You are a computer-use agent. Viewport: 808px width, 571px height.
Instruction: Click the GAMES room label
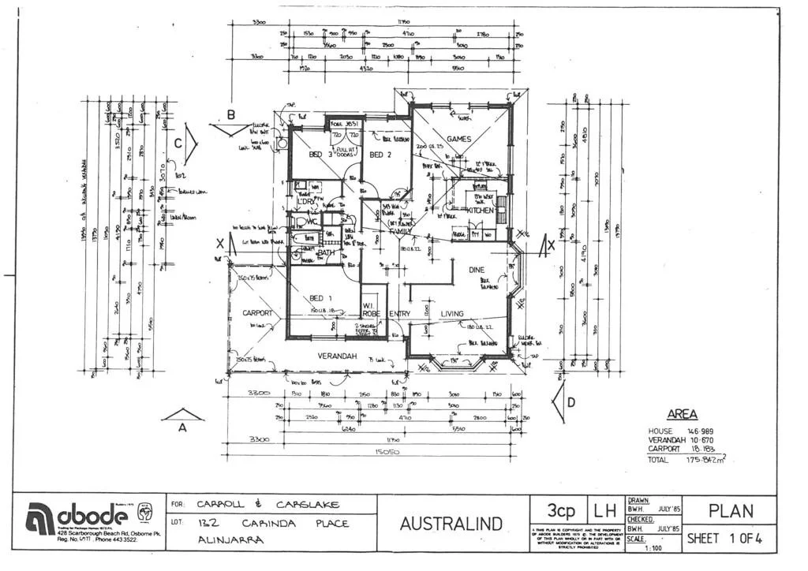[x=458, y=139]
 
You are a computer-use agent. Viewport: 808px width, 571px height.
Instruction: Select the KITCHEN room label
[x=480, y=211]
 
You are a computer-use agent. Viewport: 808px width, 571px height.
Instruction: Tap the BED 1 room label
[x=320, y=297]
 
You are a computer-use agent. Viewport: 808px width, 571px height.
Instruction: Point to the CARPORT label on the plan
[x=257, y=313]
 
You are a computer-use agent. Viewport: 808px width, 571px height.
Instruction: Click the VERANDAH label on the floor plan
[x=338, y=356]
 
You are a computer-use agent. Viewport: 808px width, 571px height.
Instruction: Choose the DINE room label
[x=477, y=270]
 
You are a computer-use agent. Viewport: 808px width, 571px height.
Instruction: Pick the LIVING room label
[x=451, y=313]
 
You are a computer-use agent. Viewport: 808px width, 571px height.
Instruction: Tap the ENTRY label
[x=399, y=314]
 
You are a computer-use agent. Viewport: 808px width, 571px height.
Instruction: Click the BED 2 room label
[x=380, y=155]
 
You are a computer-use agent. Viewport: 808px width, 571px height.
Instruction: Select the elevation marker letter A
[x=182, y=428]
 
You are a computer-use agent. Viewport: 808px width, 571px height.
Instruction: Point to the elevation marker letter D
[x=570, y=403]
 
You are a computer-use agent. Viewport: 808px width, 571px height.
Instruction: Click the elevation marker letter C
[x=178, y=144]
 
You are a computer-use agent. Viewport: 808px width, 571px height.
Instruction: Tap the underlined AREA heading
[x=682, y=414]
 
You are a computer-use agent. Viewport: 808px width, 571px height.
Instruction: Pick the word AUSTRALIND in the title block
[x=451, y=523]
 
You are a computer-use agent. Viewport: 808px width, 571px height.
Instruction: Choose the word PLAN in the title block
[x=731, y=511]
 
